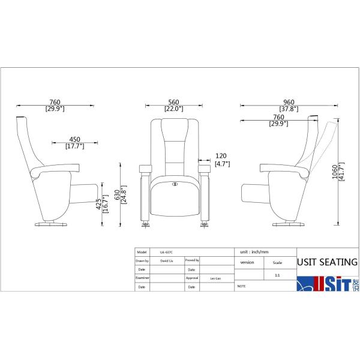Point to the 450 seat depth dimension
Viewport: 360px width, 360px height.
[74, 139]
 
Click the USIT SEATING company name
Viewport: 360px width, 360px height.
[328, 262]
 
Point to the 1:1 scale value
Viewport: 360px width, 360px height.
[277, 274]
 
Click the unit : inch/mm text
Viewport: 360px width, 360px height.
[253, 252]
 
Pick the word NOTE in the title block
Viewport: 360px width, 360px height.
[242, 287]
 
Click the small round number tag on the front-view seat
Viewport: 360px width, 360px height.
[175, 184]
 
